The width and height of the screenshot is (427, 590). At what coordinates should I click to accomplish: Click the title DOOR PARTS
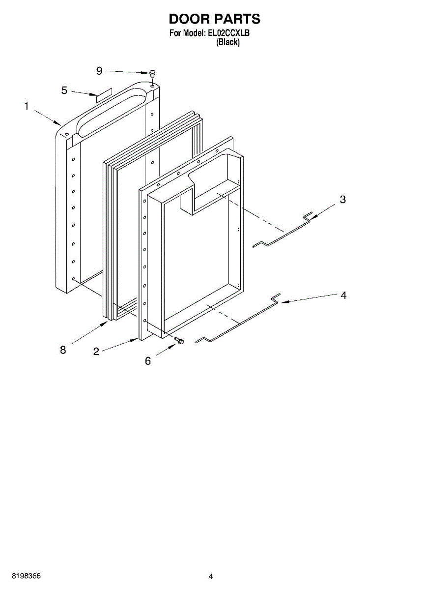tap(214, 19)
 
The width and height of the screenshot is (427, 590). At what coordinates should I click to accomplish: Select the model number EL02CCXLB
tap(229, 33)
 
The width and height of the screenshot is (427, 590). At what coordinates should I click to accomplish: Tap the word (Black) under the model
tap(228, 42)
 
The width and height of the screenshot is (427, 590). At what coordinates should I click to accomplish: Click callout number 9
tap(99, 71)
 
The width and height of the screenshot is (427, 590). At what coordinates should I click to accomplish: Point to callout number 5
tap(64, 90)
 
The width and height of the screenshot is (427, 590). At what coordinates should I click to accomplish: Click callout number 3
tap(342, 199)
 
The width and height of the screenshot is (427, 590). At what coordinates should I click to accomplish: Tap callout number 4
tap(343, 295)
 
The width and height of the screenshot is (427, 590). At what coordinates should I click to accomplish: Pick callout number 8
tap(63, 350)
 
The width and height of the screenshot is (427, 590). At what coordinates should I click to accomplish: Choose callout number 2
tap(96, 351)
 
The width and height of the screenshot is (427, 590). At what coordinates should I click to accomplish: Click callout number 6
tap(148, 361)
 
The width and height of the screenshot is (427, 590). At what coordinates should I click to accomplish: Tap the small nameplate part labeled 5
tap(104, 95)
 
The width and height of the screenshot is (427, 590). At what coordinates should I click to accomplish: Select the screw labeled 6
tap(180, 340)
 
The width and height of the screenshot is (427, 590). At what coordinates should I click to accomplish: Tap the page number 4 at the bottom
tap(211, 576)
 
